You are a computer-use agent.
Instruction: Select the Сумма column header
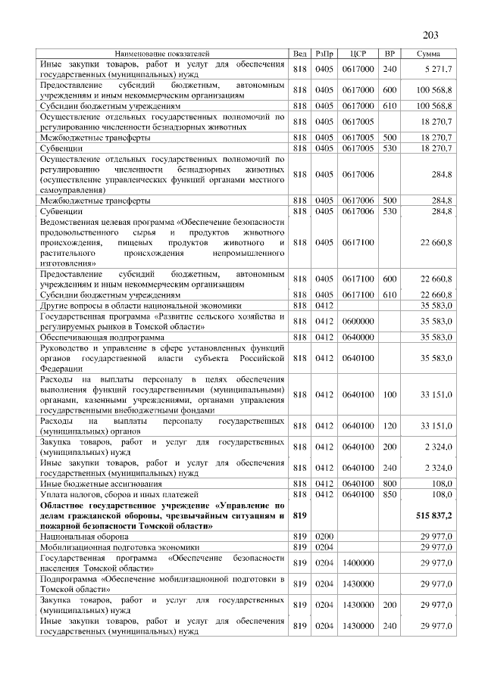(x=430, y=54)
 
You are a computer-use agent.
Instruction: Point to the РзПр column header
(x=324, y=54)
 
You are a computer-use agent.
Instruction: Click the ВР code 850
(x=390, y=494)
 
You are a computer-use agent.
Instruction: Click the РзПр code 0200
(x=324, y=535)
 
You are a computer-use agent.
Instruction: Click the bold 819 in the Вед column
(x=299, y=515)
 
